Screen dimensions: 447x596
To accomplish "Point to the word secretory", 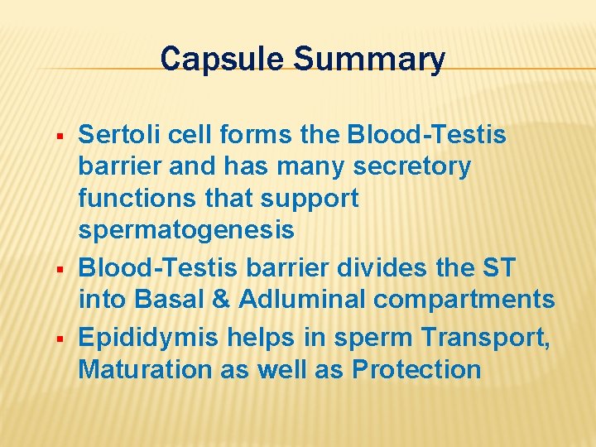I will click(411, 166).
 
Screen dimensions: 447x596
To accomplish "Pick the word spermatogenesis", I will click(186, 231).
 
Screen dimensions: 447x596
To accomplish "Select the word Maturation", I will click(146, 369).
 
